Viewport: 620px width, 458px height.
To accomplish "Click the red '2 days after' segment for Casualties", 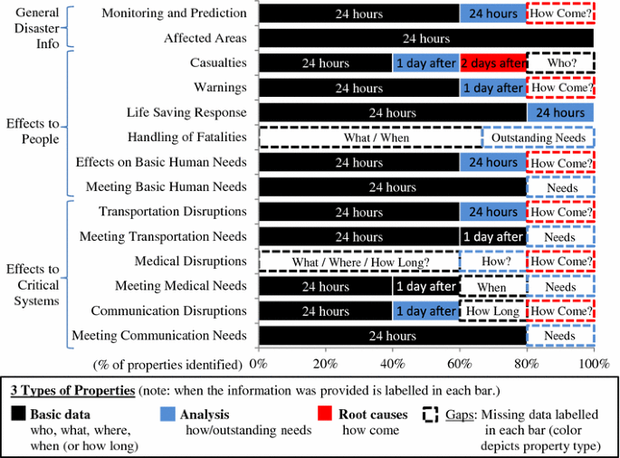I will point(493,63).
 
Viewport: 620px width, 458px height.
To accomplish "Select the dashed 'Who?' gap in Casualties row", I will point(560,63).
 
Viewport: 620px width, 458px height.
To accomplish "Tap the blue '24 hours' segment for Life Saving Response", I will point(560,113).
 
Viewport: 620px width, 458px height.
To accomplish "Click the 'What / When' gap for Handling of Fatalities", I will point(370,138).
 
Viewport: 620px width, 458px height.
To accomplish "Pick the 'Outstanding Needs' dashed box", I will point(538,138).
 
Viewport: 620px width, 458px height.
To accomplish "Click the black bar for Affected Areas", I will point(425,39).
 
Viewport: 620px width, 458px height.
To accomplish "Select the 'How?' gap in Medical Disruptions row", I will point(493,262).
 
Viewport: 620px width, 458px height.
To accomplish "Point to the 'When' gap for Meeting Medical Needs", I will point(493,287).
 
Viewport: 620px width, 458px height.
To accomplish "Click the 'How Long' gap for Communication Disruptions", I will point(493,311).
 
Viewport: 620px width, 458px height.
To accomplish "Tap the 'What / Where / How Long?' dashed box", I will point(359,262).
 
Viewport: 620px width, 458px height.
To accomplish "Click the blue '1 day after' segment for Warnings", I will point(493,89).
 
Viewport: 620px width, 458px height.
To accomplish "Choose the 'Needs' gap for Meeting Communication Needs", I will point(560,336).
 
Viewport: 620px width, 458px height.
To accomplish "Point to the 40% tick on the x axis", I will point(393,364).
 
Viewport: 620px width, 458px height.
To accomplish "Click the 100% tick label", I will point(593,364).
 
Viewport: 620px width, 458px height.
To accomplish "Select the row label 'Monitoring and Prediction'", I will point(174,14).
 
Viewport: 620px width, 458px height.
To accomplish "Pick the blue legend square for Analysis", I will point(166,414).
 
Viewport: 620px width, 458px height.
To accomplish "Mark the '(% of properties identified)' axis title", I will point(168,364).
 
